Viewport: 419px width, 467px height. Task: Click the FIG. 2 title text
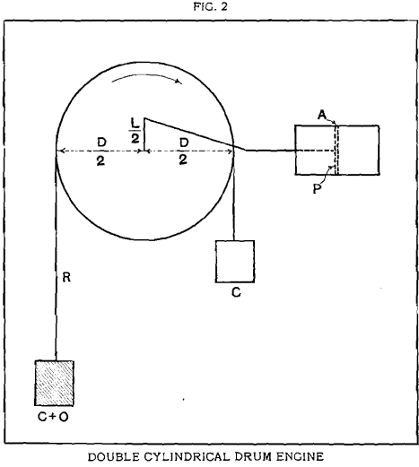[210, 6]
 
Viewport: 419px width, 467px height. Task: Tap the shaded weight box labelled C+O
[55, 383]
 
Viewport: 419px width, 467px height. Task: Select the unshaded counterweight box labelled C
[235, 262]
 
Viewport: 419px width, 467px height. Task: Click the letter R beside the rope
[66, 278]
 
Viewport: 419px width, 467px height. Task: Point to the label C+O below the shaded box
[53, 417]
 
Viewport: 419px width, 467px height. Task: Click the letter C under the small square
[236, 292]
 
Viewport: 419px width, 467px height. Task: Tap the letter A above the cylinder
[322, 115]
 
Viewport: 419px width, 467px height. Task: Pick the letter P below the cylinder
[317, 189]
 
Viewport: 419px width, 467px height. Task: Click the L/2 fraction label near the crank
[135, 131]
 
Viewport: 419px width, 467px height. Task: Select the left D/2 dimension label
[101, 151]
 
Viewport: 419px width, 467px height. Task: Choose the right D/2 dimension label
[184, 151]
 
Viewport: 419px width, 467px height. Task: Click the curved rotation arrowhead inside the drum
[179, 82]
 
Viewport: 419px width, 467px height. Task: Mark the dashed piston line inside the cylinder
[336, 150]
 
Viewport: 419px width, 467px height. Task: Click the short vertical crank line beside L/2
[144, 134]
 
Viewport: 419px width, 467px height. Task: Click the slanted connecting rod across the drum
[195, 134]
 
